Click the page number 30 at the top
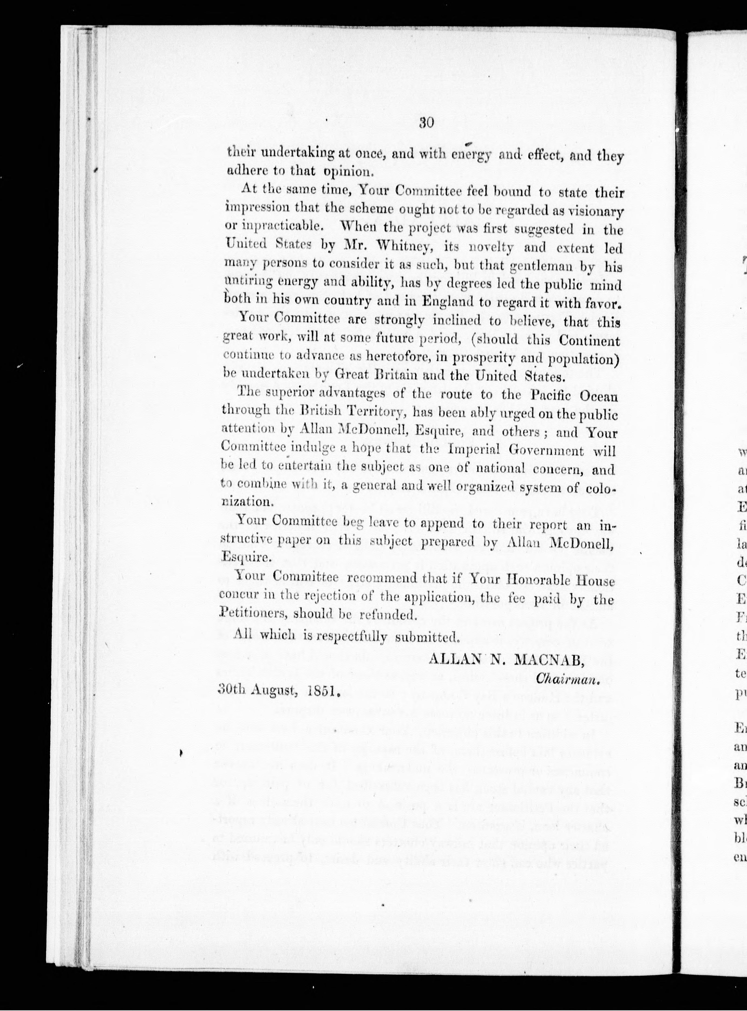(x=427, y=123)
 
